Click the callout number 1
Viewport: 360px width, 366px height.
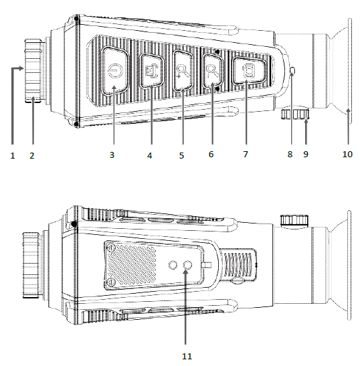(x=12, y=155)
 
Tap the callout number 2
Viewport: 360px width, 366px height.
(x=32, y=155)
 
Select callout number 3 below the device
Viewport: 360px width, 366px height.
(x=113, y=155)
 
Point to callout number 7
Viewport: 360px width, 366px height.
(x=245, y=155)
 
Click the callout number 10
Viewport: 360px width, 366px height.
(x=347, y=155)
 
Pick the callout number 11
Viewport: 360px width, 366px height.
(x=186, y=356)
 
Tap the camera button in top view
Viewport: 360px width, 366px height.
(x=248, y=70)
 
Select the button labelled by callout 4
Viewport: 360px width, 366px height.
(x=150, y=69)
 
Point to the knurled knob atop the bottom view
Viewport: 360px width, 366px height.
(x=290, y=219)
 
